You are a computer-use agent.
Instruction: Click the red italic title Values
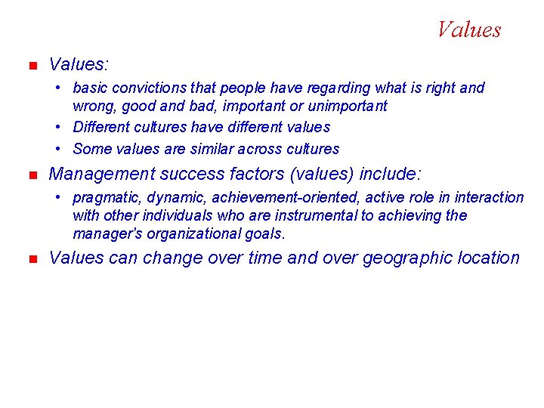[x=468, y=30]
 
